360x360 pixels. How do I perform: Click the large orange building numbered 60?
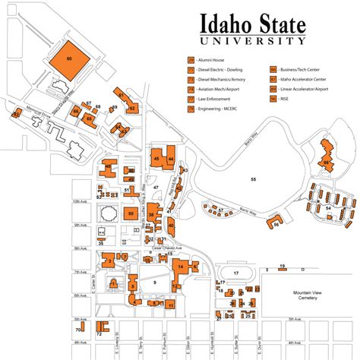coord(69,58)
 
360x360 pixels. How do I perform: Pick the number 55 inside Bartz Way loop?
coord(254,178)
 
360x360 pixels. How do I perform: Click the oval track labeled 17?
coord(237,273)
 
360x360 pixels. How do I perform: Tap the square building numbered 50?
coord(109,214)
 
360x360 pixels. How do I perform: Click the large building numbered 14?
coord(181,267)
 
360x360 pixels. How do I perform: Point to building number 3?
coord(111,261)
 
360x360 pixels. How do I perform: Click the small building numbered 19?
coord(282,267)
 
